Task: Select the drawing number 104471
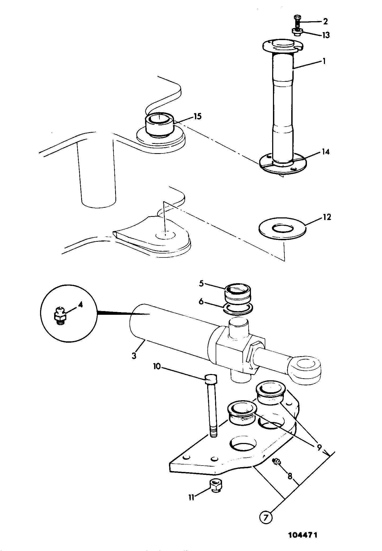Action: coord(303,535)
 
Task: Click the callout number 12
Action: coord(327,217)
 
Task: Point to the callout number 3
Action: coord(134,355)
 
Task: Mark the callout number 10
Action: coord(157,367)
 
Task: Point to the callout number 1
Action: coord(324,61)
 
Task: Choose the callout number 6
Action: coord(201,302)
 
